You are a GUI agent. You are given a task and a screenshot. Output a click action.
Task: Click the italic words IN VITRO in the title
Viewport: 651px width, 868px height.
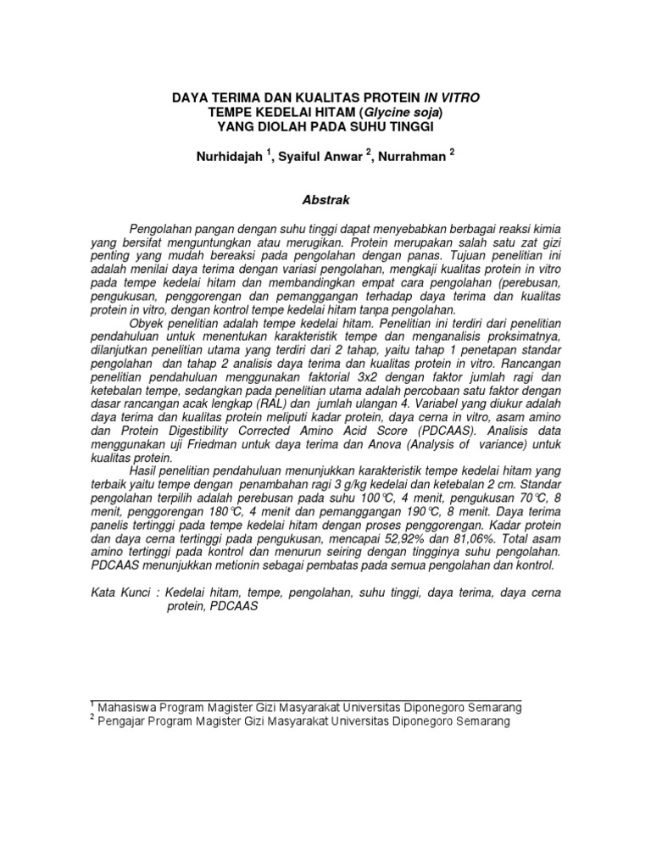point(454,98)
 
